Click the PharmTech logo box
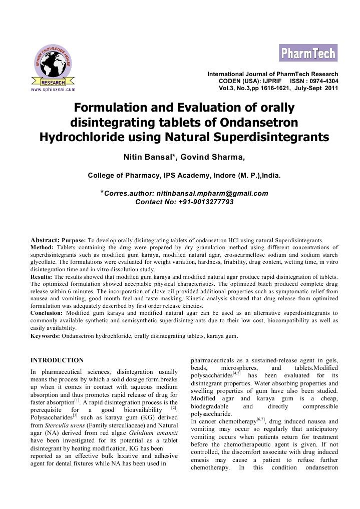[x=308, y=53]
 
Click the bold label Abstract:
[x=45, y=239]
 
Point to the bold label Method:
[x=43, y=247]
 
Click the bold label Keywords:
[x=45, y=336]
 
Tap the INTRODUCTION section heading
[x=57, y=360]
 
